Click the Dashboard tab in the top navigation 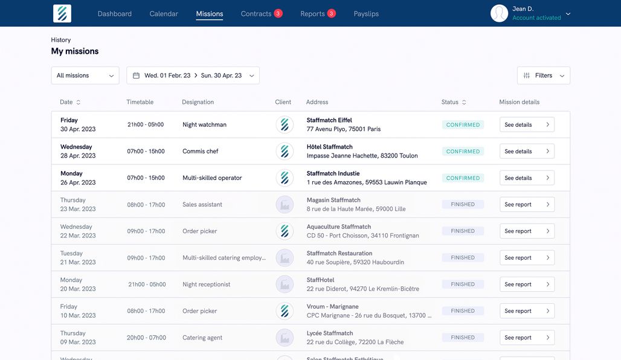[x=114, y=14]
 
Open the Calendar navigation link [x=164, y=14]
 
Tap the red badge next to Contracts [x=278, y=13]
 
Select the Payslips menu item [x=366, y=14]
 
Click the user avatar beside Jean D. [x=499, y=13]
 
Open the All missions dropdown [x=85, y=76]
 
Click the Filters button [x=543, y=76]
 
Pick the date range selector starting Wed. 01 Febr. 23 [x=193, y=76]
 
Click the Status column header [x=450, y=102]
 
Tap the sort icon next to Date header [x=79, y=102]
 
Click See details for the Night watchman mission [x=527, y=125]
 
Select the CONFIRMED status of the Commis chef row [x=463, y=152]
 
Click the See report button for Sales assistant [x=527, y=205]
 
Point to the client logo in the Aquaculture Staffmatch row [x=285, y=231]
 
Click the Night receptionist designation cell [x=206, y=284]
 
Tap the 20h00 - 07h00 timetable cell [x=146, y=338]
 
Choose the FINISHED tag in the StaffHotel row [x=463, y=284]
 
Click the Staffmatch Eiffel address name [x=329, y=120]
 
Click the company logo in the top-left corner [x=62, y=13]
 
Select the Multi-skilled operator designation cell [x=212, y=178]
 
